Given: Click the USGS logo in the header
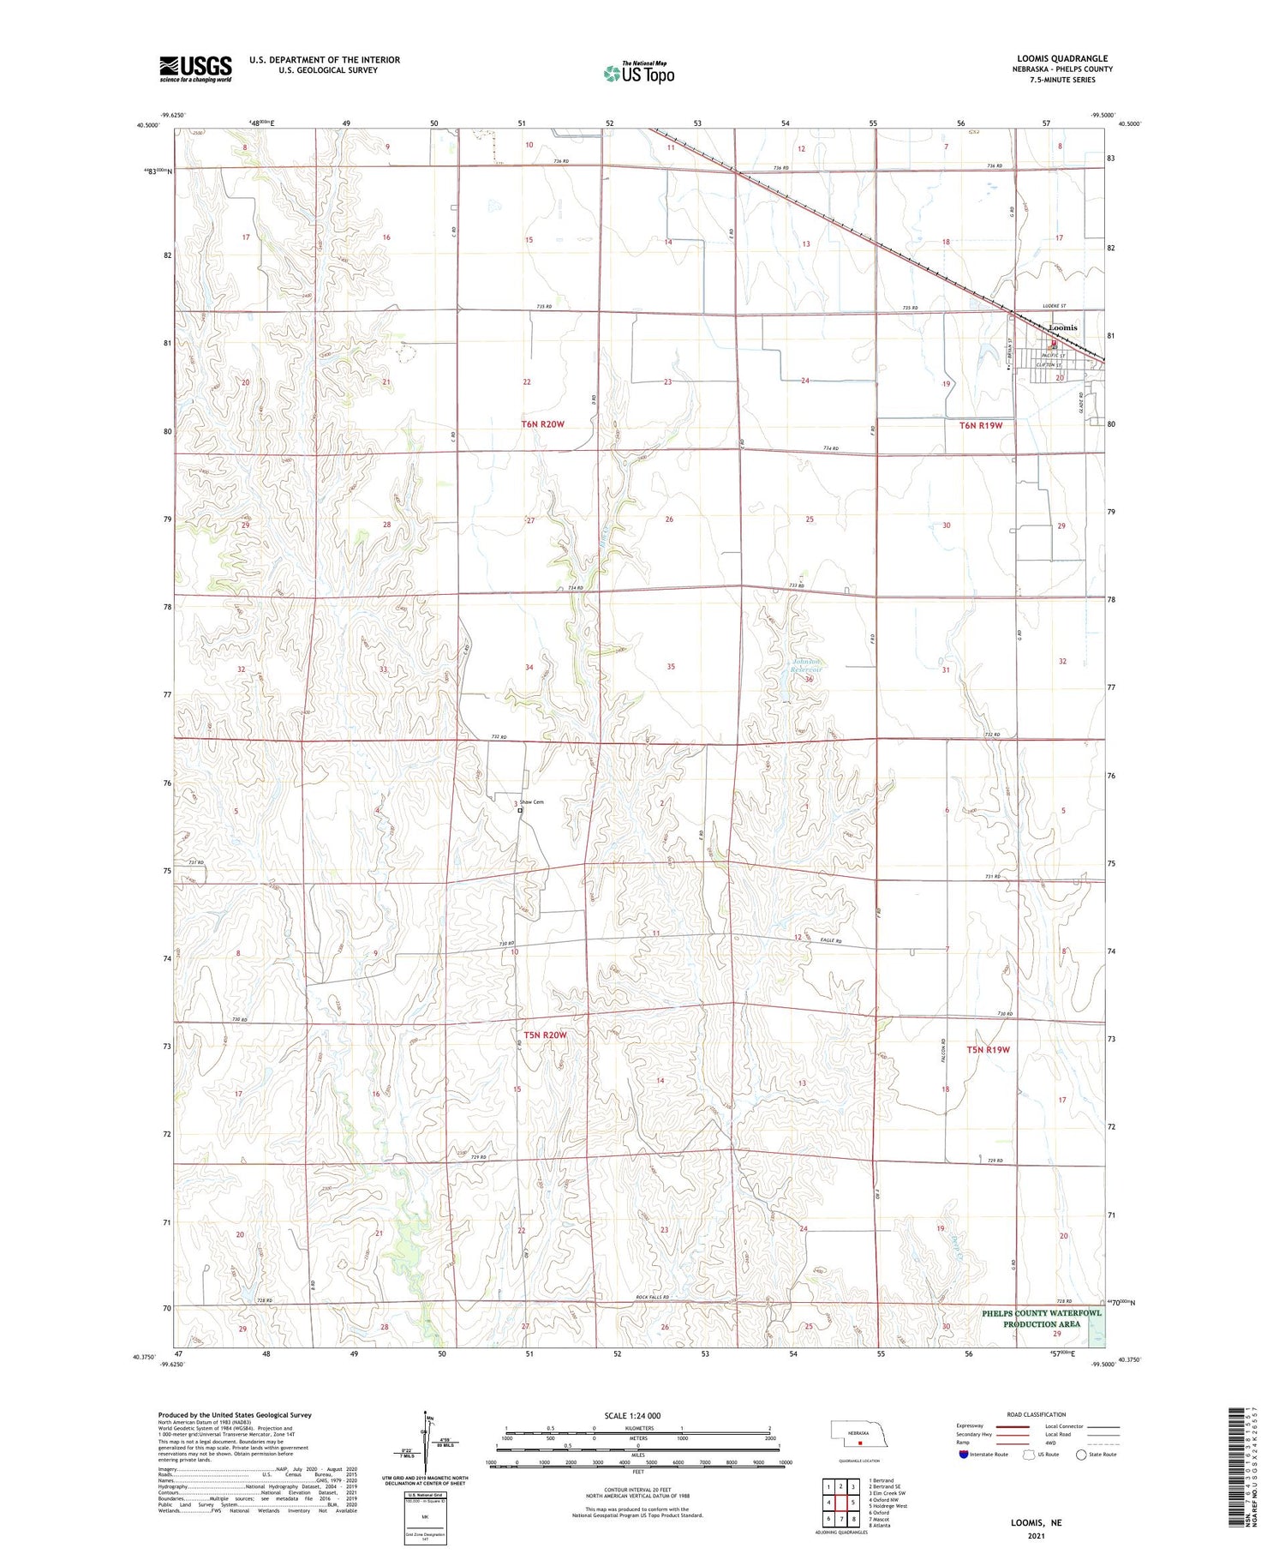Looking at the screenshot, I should (195, 69).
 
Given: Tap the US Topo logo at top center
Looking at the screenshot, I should (638, 74).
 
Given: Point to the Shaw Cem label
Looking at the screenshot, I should (532, 802).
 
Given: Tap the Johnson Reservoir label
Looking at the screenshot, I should (805, 665).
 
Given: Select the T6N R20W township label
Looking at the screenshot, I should (543, 424).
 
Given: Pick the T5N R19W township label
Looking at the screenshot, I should (989, 1049).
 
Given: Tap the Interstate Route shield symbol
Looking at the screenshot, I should (963, 1455).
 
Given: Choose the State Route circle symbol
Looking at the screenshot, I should (1081, 1455).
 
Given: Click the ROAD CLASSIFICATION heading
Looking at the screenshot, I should (1037, 1414).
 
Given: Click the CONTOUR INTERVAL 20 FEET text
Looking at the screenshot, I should (637, 1491).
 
